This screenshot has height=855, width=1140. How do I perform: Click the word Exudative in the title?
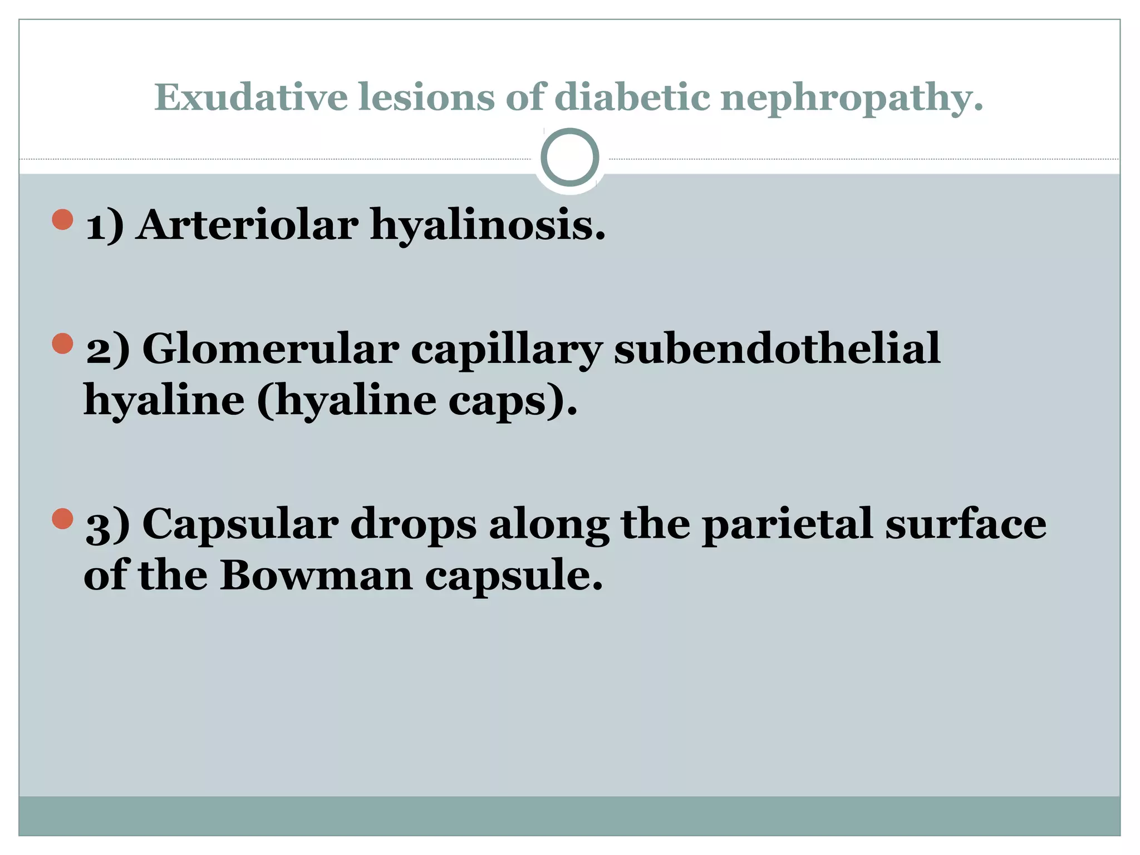click(251, 97)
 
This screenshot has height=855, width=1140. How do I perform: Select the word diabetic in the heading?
click(632, 97)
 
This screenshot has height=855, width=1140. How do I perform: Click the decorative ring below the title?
click(569, 157)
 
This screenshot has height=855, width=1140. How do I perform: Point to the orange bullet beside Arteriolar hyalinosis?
click(63, 219)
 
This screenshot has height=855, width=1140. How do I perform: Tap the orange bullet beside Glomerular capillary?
click(63, 343)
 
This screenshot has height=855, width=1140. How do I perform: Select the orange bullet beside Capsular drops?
click(63, 519)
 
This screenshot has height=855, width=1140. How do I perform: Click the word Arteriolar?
click(248, 225)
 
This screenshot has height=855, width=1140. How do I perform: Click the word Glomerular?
click(271, 349)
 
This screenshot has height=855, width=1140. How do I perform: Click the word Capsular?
click(240, 524)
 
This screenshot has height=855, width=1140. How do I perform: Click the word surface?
click(966, 524)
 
